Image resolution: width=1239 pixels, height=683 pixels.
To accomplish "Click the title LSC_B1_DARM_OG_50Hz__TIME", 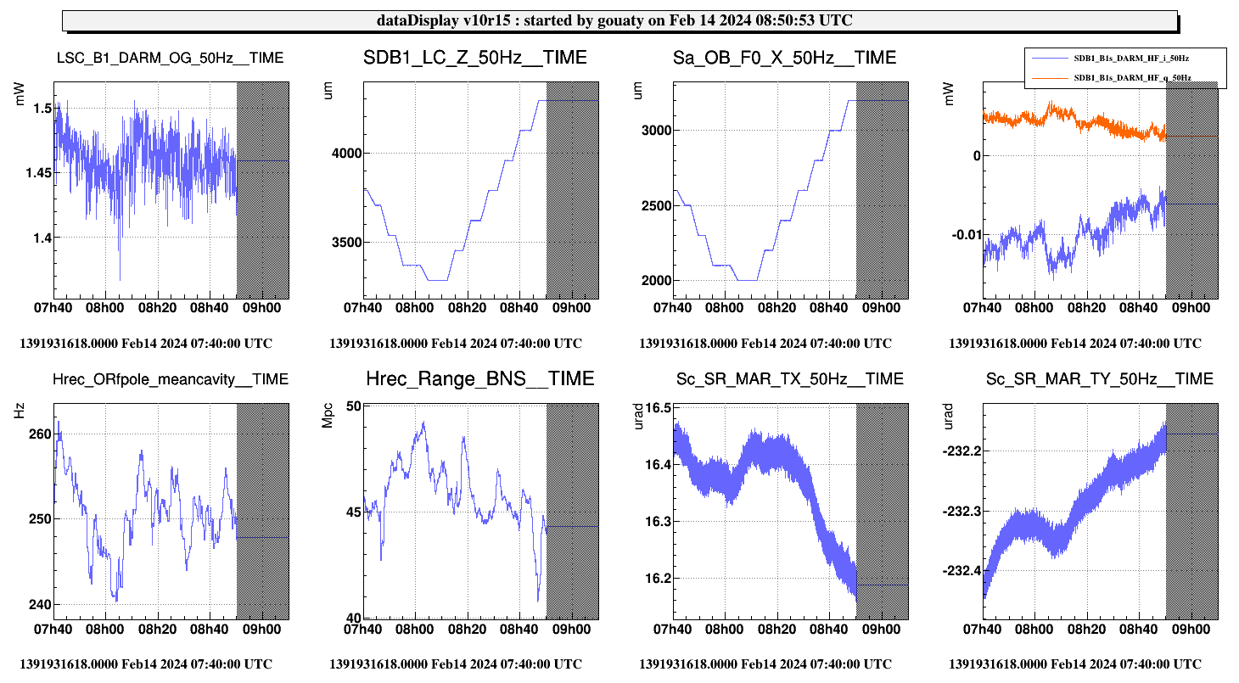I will pos(170,58).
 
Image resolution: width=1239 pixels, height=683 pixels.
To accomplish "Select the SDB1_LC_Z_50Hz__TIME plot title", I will pos(474,58).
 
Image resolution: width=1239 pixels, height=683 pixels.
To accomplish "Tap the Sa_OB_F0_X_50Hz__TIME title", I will pos(784,58).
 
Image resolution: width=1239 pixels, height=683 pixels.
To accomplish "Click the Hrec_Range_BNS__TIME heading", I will pos(479,378).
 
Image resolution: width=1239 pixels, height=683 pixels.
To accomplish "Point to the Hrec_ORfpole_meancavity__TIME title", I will pos(170,378).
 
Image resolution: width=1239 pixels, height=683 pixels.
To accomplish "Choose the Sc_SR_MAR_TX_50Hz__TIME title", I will pos(790,378).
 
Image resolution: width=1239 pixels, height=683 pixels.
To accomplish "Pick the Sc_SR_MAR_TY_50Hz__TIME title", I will pos(1100,378).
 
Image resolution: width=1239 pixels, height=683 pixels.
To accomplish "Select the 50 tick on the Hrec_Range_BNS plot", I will pos(352,406).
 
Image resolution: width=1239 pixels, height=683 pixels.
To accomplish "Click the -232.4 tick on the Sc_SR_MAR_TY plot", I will pos(962,571).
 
